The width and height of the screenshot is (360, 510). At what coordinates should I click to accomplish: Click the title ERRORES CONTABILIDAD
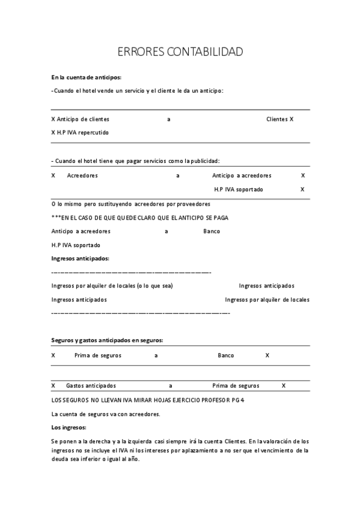180,52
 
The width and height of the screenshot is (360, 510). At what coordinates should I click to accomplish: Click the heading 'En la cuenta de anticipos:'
87,77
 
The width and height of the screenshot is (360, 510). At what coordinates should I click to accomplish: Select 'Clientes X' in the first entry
279,119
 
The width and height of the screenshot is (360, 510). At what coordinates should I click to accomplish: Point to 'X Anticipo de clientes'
81,119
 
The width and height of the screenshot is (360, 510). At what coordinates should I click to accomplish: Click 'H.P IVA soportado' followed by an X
239,189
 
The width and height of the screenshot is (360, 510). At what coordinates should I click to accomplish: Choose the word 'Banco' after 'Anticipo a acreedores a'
212,231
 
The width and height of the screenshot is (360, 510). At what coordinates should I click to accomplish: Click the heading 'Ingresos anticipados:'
80,258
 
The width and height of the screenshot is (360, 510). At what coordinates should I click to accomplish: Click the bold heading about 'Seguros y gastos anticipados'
107,340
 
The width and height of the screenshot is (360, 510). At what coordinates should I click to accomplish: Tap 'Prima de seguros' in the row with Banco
97,355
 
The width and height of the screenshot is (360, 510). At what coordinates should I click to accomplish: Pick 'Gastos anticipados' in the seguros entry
91,386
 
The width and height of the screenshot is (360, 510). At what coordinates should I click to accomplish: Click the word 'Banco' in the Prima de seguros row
226,355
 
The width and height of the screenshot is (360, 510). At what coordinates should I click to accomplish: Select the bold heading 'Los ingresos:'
69,428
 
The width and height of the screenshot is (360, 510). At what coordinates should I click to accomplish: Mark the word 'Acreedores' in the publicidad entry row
82,176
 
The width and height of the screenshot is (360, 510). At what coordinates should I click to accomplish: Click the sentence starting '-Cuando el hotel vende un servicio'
138,91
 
